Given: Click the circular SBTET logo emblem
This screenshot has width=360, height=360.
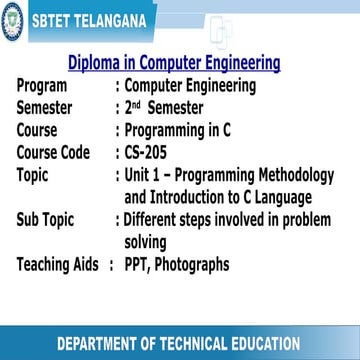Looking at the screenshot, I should pyautogui.click(x=11, y=18).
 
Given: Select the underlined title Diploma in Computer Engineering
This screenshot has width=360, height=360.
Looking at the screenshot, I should pyautogui.click(x=173, y=63).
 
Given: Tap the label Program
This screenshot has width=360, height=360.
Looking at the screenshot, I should pyautogui.click(x=49, y=86).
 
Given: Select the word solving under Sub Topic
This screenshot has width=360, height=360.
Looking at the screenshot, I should pyautogui.click(x=146, y=242).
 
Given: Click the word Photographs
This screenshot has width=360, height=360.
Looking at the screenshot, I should pyautogui.click(x=195, y=265).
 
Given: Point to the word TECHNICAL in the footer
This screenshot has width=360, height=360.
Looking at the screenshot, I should pyautogui.click(x=175, y=343).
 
